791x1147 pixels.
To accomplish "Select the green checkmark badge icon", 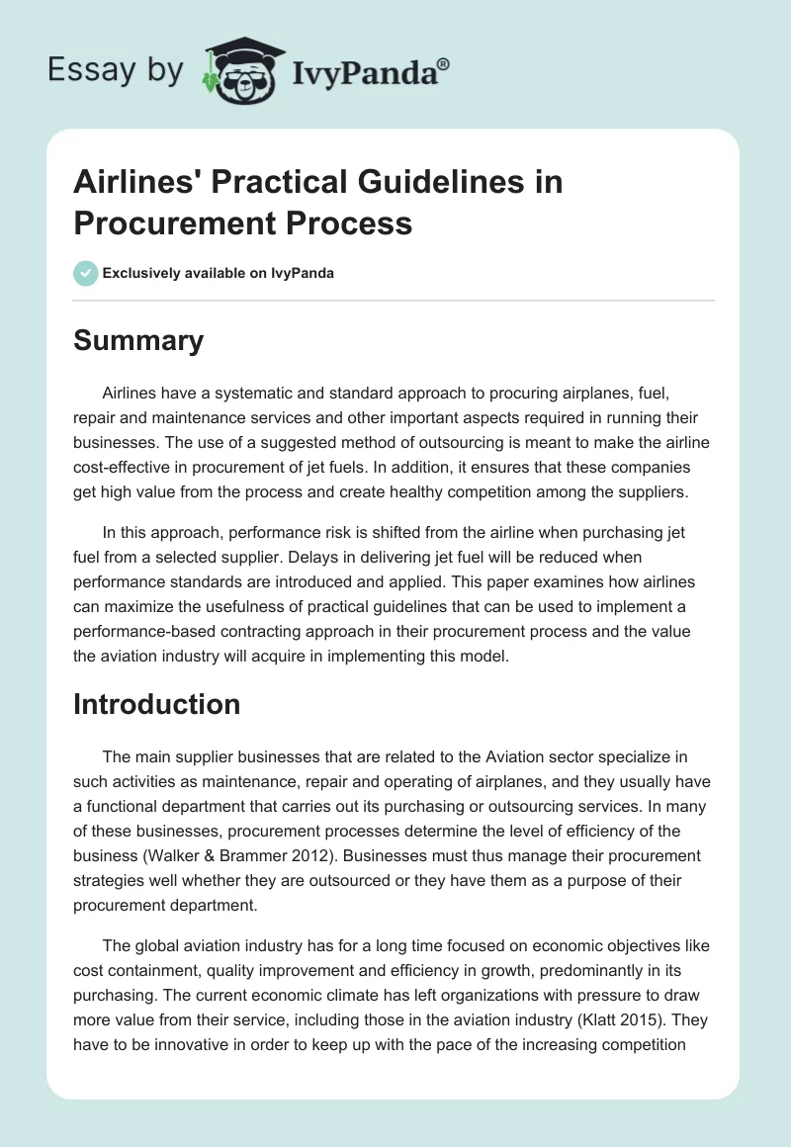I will tap(86, 273).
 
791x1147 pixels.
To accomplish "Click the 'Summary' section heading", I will tap(138, 340).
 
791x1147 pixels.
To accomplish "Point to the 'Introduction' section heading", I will tap(156, 704).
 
